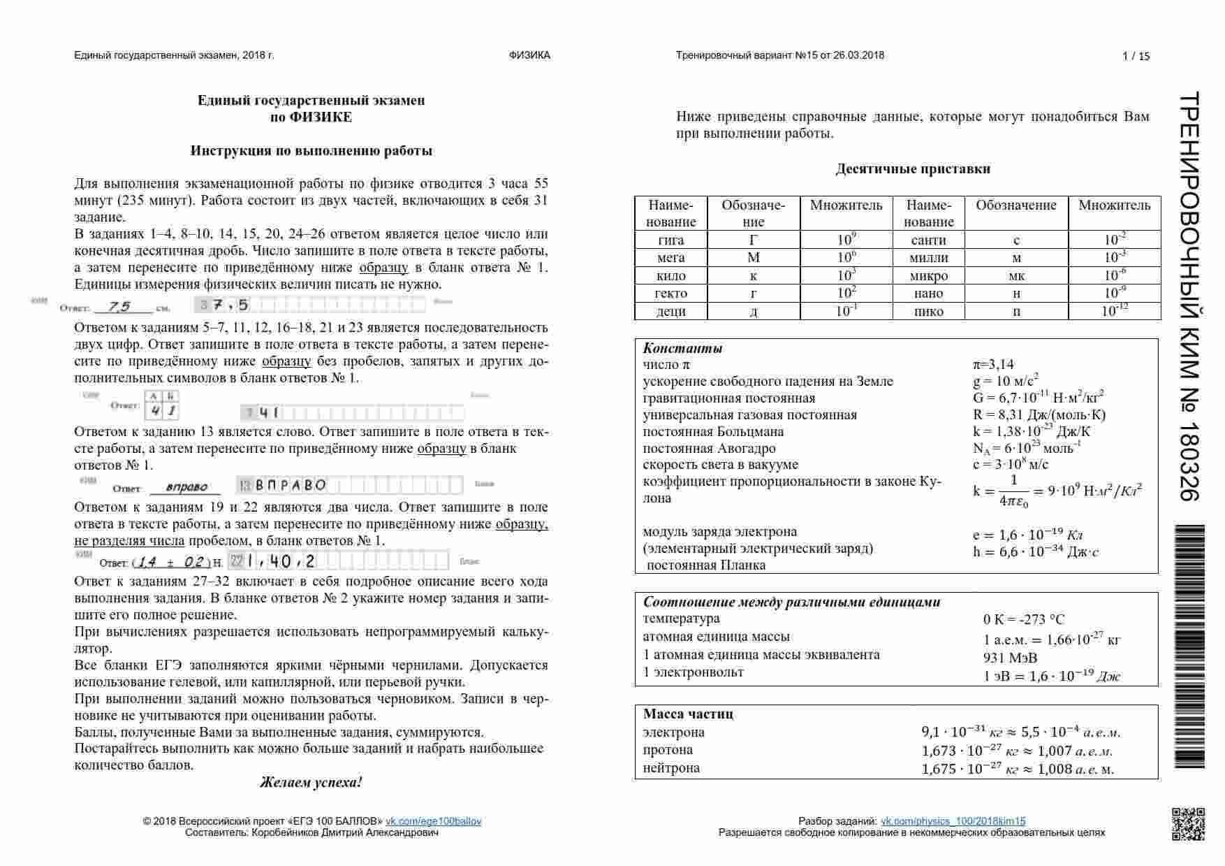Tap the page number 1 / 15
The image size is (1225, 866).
(x=1136, y=57)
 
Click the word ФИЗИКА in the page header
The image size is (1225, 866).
(x=529, y=55)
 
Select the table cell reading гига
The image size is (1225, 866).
(x=670, y=240)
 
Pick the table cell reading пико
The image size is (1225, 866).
(x=928, y=311)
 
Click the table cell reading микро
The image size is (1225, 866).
(x=928, y=275)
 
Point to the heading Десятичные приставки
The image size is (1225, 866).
(x=912, y=168)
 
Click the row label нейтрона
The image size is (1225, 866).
(x=671, y=767)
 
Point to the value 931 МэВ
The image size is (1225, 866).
(x=1010, y=658)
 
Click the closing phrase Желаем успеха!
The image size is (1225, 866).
(x=311, y=782)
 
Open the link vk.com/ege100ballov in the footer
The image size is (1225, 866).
(x=433, y=821)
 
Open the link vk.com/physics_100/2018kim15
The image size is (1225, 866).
(x=953, y=821)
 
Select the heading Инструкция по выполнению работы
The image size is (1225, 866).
(x=311, y=150)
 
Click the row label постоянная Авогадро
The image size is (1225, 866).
(x=709, y=448)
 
